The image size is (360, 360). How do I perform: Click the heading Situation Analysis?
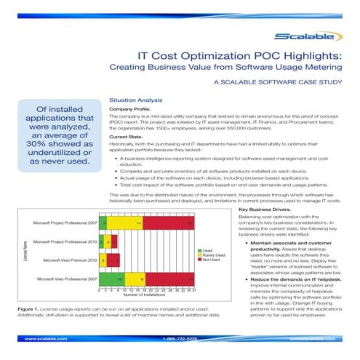point(135,99)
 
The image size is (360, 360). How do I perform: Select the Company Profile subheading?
point(132,108)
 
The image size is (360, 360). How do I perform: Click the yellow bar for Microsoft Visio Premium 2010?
point(104,259)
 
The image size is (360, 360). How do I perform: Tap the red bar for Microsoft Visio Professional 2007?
point(169,278)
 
